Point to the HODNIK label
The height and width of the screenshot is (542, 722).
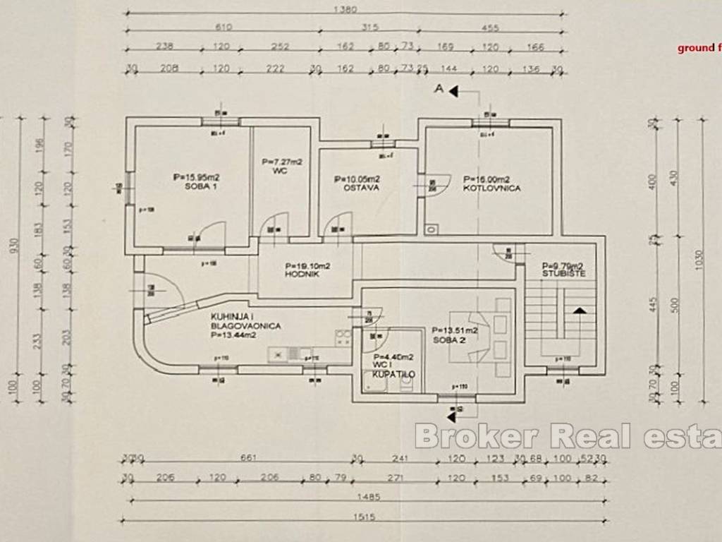click(x=303, y=274)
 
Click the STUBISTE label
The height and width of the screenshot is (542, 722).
click(x=563, y=274)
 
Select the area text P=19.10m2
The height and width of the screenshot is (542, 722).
click(x=308, y=266)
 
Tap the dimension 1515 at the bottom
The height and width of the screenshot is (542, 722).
click(x=365, y=517)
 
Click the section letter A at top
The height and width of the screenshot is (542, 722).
click(x=439, y=90)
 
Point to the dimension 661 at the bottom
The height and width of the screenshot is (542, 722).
click(x=247, y=457)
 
